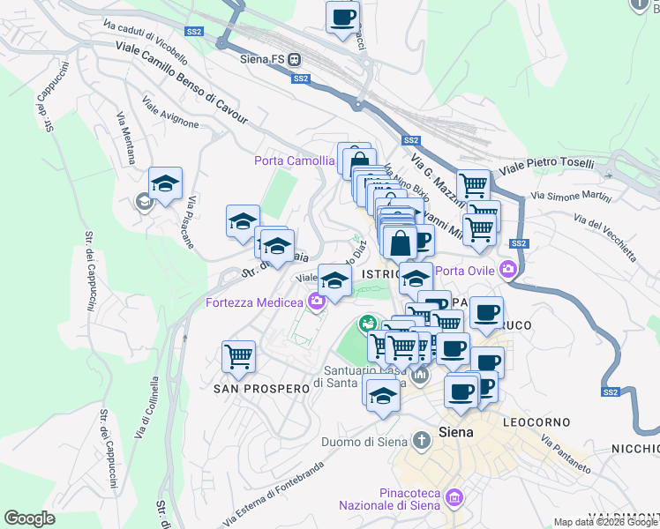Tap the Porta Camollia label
(x=294, y=160)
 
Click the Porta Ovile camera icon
(x=507, y=269)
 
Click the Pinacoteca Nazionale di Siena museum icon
(x=454, y=499)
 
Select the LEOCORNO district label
(x=536, y=422)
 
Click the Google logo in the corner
(x=29, y=518)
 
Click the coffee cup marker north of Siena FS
(x=342, y=17)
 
